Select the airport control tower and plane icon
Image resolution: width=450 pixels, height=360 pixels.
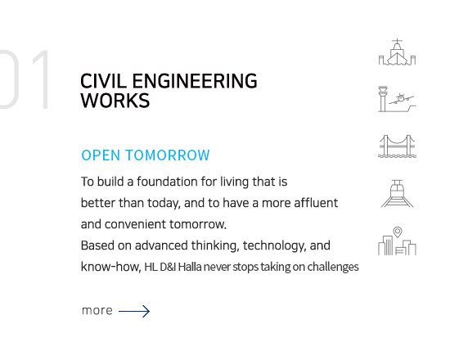point(397,100)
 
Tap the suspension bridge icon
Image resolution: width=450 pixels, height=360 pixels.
point(397,146)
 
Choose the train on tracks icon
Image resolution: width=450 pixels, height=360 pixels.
point(397,193)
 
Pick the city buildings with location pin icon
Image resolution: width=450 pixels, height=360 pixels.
point(397,241)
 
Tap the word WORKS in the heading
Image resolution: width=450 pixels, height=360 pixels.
point(115,101)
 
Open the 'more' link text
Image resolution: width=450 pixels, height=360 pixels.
point(97,311)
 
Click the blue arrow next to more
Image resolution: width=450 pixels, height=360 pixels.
point(134,311)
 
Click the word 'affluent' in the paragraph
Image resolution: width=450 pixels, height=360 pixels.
point(314,202)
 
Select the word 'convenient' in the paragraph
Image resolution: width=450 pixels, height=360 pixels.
point(139,223)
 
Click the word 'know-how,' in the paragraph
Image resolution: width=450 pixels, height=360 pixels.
point(110,267)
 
